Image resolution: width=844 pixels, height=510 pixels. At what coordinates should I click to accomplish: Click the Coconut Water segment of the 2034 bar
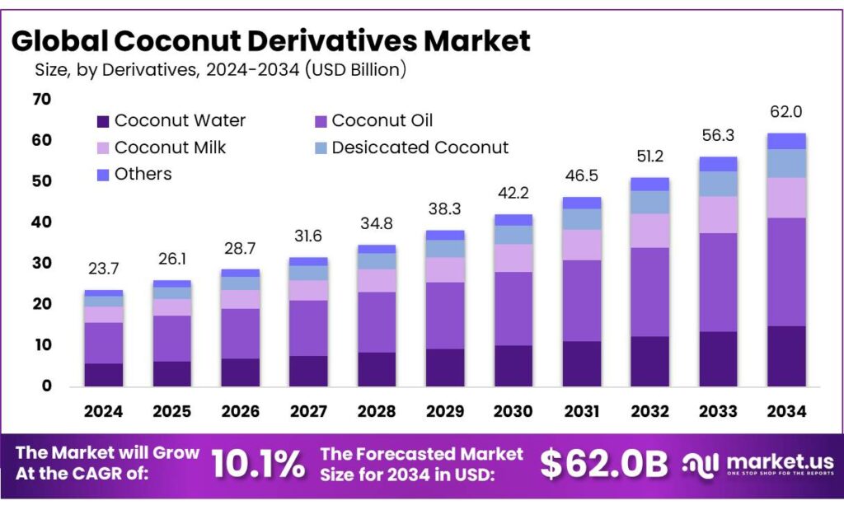point(785,356)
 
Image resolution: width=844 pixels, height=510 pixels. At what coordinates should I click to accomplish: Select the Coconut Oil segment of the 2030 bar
point(514,308)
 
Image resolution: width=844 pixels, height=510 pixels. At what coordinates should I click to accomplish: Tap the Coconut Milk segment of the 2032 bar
point(650,231)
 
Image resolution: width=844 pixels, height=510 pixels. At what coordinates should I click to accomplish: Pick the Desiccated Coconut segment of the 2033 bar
point(718,183)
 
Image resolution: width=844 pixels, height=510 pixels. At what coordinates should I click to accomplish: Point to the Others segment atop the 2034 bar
point(785,141)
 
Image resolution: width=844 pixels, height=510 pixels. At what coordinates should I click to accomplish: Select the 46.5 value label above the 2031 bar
point(582,175)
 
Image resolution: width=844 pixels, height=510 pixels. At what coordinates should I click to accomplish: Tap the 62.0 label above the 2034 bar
point(785,111)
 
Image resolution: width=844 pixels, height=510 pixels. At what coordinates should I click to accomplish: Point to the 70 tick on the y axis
point(42,100)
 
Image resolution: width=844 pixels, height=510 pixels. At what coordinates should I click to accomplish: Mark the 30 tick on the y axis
point(42,264)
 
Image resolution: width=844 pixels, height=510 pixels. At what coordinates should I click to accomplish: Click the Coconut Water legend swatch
point(103,121)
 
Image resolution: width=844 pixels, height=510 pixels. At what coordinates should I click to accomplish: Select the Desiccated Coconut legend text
point(420,147)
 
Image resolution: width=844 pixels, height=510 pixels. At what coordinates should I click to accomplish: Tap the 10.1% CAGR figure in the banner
point(258,465)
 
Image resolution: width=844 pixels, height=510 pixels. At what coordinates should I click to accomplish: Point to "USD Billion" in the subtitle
point(355,71)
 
